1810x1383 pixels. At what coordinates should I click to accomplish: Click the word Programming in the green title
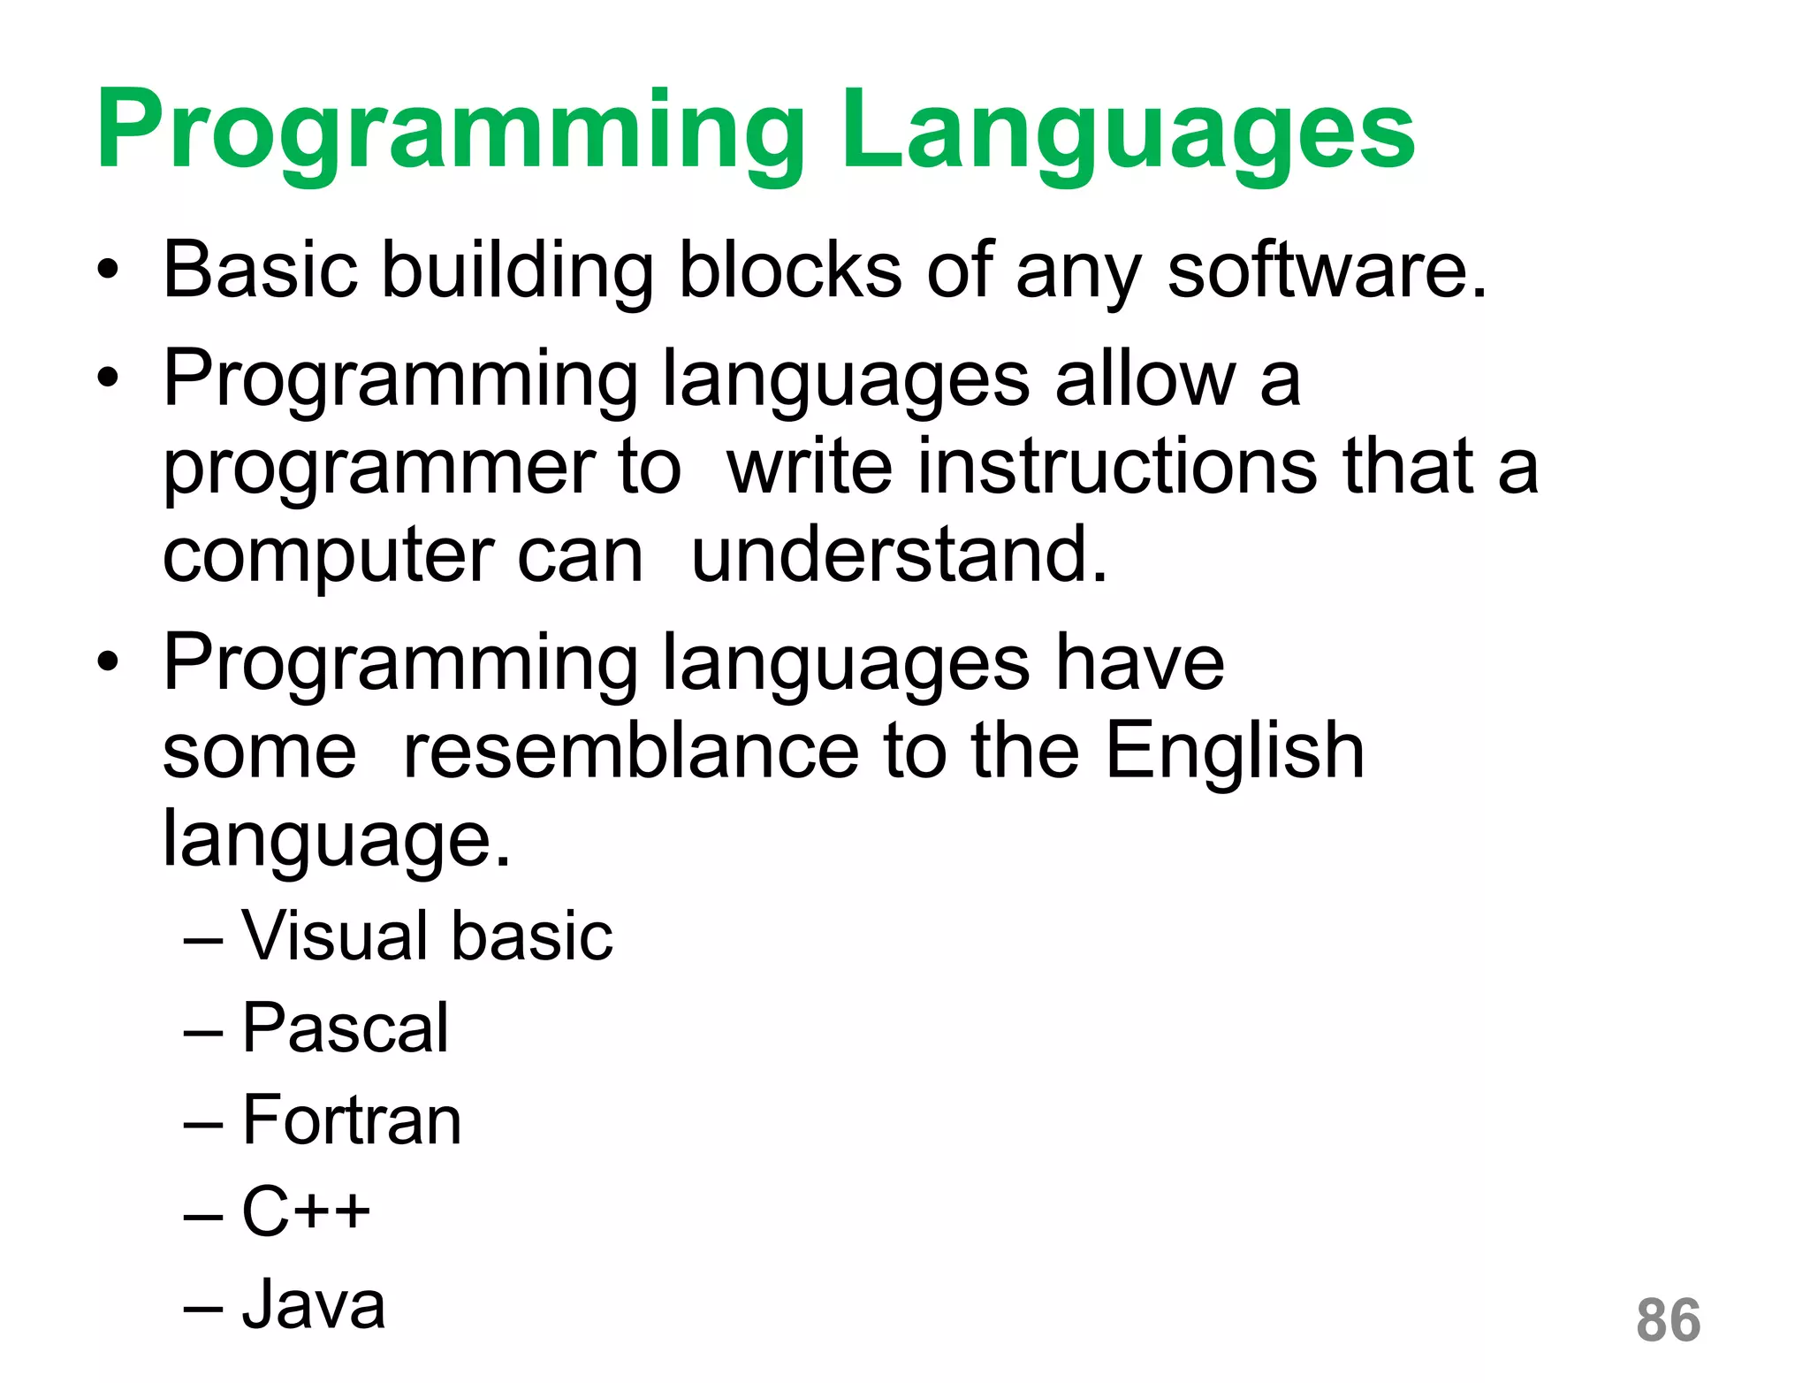tap(451, 133)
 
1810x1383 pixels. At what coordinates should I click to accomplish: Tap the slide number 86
tap(1668, 1320)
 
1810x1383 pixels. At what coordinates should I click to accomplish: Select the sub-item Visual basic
tap(427, 936)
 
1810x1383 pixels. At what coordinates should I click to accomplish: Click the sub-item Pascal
tap(346, 1028)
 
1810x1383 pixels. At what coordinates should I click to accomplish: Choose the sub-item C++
tap(306, 1211)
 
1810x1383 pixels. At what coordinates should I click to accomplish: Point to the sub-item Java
tap(314, 1303)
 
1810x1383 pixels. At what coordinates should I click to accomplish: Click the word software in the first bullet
tap(1326, 270)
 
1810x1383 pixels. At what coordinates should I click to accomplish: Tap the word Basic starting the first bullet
tap(260, 270)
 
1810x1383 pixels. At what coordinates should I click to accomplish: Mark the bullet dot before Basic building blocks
tap(108, 271)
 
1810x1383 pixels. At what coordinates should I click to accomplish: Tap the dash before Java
tap(203, 1306)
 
